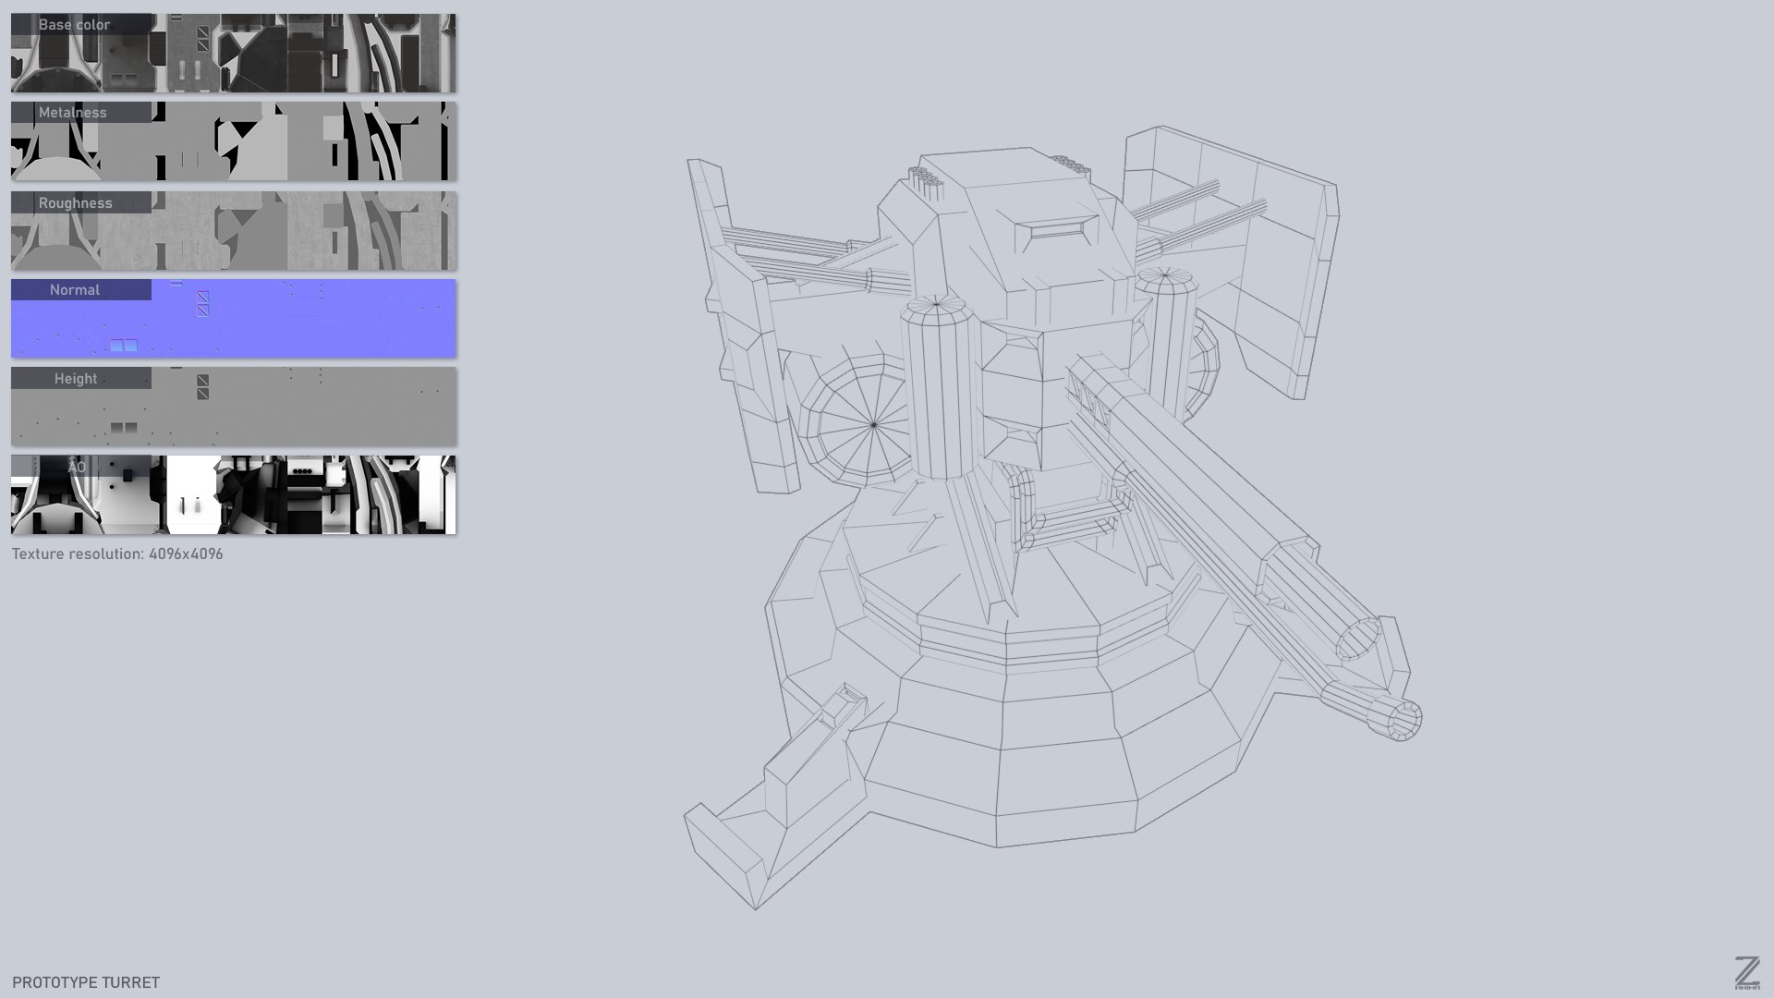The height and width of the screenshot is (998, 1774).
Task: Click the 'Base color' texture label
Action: (74, 25)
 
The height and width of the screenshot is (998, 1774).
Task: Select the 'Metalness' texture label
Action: (73, 113)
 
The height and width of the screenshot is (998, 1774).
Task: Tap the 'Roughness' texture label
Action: (75, 203)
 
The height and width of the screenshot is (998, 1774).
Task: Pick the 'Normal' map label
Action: (75, 290)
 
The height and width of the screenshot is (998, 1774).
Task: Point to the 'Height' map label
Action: (76, 379)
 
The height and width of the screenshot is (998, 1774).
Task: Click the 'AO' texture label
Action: (77, 468)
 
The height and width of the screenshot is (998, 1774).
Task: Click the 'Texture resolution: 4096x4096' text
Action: (117, 554)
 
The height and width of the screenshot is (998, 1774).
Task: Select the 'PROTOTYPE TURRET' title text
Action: (86, 982)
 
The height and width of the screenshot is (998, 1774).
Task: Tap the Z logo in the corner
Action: (1746, 972)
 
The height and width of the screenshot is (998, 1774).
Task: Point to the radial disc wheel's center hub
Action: (874, 425)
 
